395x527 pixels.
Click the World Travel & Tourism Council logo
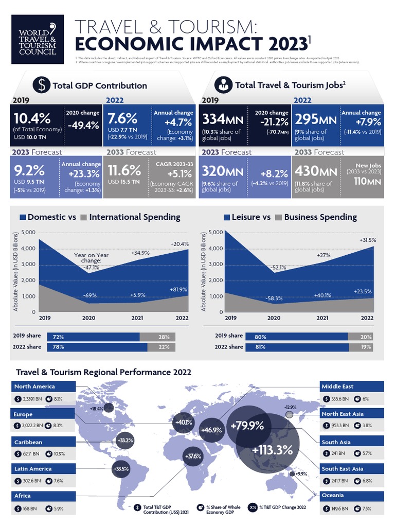(38, 40)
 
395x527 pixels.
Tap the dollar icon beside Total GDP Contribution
(41, 85)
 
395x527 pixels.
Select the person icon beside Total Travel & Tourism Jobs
(223, 85)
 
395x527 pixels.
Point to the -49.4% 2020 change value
(82, 125)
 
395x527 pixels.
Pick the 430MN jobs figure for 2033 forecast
(314, 171)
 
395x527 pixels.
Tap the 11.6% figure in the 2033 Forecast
(124, 170)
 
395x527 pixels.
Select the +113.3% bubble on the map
(272, 449)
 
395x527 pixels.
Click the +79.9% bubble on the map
(247, 426)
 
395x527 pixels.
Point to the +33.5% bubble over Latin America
(121, 468)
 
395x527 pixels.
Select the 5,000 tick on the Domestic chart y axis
(28, 233)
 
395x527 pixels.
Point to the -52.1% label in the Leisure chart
(277, 267)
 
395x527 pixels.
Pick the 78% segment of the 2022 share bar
(97, 347)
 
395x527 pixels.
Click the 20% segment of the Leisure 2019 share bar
(366, 336)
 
